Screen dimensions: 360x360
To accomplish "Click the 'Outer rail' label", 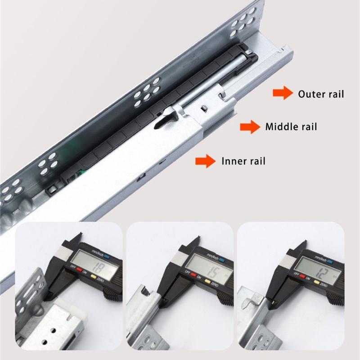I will click(321, 94).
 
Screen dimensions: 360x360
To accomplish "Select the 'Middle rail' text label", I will click(291, 127).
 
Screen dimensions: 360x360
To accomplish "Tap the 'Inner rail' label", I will click(243, 161).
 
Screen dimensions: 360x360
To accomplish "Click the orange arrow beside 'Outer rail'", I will click(282, 94).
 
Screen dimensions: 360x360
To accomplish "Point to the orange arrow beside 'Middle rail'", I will click(250, 127).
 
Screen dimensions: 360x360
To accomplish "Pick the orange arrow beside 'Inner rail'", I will click(205, 161).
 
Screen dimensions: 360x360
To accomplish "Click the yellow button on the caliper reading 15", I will click(208, 282).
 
